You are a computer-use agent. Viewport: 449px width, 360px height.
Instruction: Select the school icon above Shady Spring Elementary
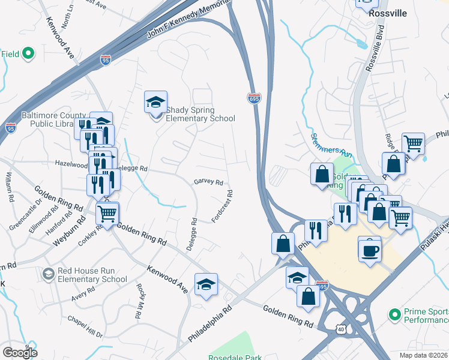click(x=155, y=102)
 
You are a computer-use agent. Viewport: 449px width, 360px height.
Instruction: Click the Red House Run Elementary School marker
click(x=48, y=274)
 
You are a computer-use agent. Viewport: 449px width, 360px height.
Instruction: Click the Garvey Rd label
click(x=208, y=182)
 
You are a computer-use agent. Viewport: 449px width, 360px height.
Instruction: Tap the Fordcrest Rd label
click(x=222, y=206)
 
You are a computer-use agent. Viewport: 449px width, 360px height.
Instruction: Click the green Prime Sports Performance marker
click(x=394, y=314)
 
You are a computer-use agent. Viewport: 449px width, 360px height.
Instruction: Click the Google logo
click(x=20, y=352)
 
